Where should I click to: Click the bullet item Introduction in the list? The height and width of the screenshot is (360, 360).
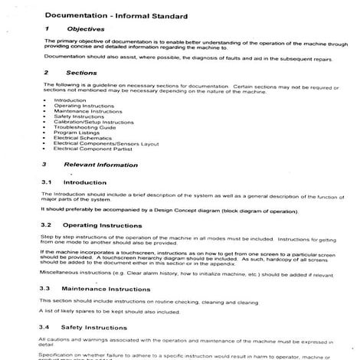point(71,100)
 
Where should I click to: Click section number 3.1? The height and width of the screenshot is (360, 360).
point(45,182)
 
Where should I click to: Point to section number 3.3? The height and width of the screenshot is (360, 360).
point(45,289)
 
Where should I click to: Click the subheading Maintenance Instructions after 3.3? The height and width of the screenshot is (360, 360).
point(106,289)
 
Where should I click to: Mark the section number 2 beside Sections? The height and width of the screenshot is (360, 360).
point(44,73)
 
